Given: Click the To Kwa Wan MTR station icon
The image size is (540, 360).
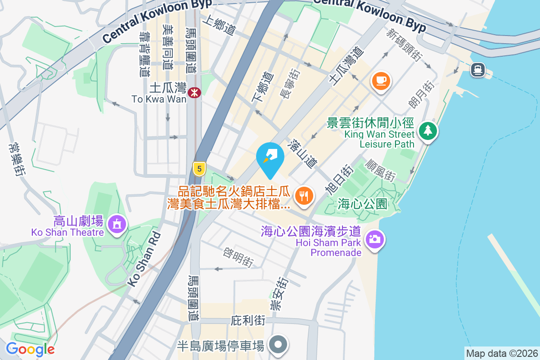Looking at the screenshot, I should pyautogui.click(x=195, y=92).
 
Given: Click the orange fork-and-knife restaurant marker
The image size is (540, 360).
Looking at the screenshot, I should pyautogui.click(x=304, y=196).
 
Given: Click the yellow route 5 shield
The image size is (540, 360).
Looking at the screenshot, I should pyautogui.click(x=199, y=169).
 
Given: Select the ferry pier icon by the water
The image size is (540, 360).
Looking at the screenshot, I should pyautogui.click(x=477, y=69).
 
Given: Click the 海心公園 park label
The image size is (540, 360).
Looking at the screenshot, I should pyautogui.click(x=362, y=204).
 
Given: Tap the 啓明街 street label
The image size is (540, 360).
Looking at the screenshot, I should pyautogui.click(x=238, y=257).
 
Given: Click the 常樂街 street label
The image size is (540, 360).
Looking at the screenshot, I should pyautogui.click(x=16, y=159).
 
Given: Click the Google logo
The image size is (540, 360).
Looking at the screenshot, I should pyautogui.click(x=30, y=349).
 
